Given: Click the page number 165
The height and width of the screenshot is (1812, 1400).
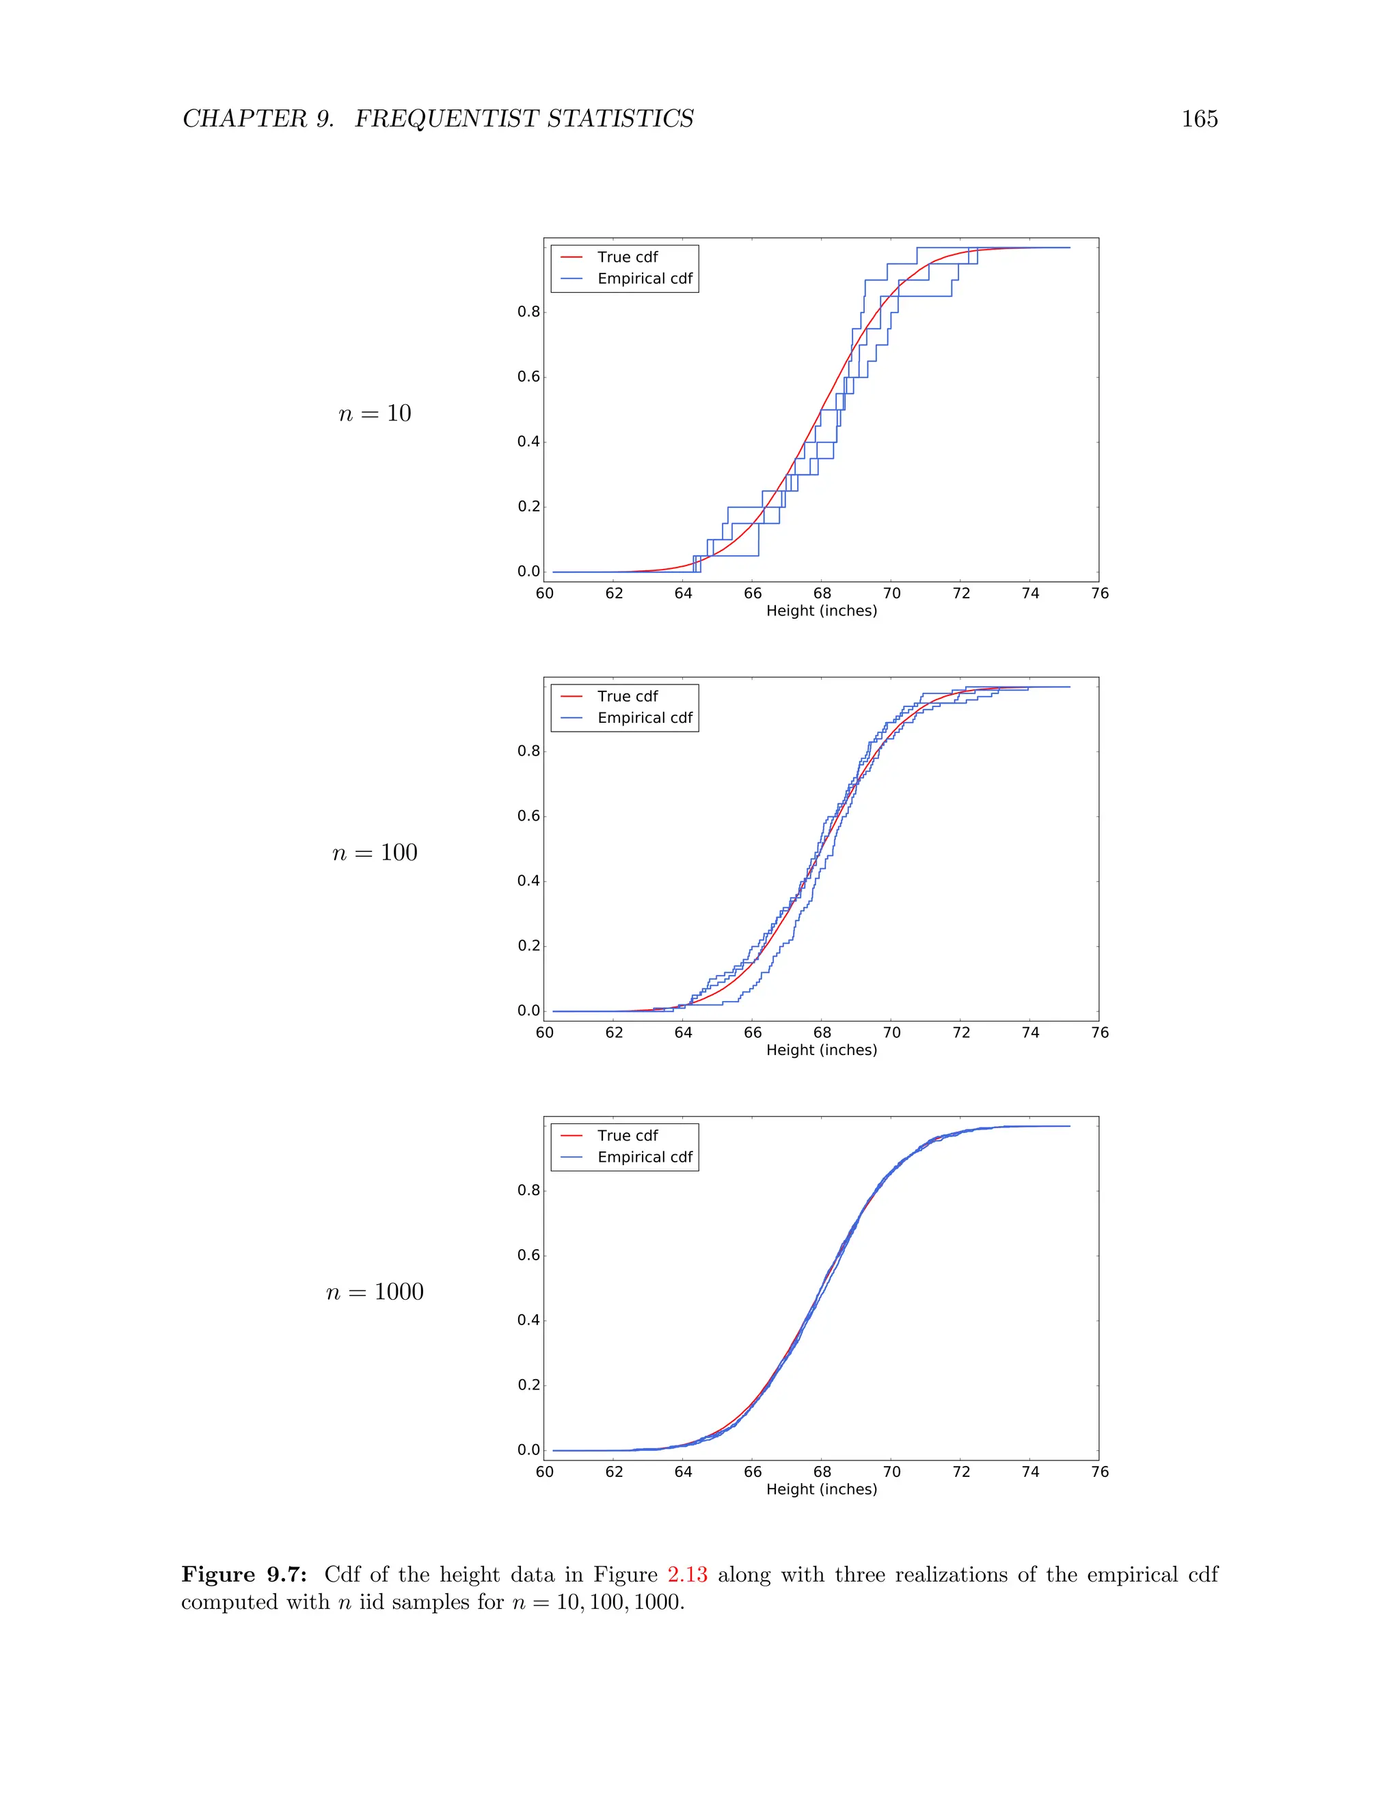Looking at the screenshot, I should [x=1198, y=120].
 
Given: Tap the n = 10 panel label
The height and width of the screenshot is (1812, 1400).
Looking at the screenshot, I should [x=375, y=413].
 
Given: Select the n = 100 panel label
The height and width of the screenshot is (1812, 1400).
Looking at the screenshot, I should [x=375, y=853].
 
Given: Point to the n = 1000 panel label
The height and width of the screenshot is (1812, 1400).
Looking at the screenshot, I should [x=375, y=1292].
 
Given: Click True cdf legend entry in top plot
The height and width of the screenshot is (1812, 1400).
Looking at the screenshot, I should [x=627, y=257].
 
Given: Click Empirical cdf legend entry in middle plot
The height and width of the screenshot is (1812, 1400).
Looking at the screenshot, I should [x=645, y=718].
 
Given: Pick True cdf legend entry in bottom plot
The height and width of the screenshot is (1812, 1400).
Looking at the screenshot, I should [x=627, y=1135].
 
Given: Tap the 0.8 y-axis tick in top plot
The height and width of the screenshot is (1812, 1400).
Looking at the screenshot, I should [x=528, y=312].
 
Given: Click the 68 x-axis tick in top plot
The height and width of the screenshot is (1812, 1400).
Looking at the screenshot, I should [x=822, y=594].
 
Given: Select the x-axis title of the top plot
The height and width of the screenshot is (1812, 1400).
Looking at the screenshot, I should [x=821, y=611].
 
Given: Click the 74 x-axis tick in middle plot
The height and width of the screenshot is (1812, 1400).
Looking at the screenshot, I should [x=1030, y=1032].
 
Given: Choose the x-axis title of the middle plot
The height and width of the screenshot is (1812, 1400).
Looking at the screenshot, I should [x=821, y=1050].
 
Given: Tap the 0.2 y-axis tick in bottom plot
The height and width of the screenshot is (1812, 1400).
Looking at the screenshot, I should [x=528, y=1385].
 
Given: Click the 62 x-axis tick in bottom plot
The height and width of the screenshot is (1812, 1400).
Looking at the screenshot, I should [x=614, y=1472].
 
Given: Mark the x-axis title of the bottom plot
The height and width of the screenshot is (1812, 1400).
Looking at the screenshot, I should [x=821, y=1489].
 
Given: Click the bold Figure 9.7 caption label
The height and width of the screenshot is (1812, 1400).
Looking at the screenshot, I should [x=244, y=1575].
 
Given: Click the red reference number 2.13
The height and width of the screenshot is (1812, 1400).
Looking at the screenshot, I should [x=687, y=1575].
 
